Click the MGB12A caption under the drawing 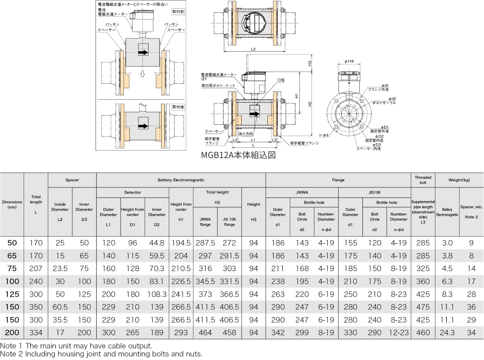click(x=238, y=155)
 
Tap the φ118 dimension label click(x=349, y=61)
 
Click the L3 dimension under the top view click(x=253, y=49)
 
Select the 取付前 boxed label click(x=178, y=12)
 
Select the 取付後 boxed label click(x=178, y=107)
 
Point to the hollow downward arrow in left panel click(x=142, y=74)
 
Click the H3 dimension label click(x=309, y=63)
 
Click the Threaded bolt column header click(x=423, y=180)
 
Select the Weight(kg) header click(x=459, y=180)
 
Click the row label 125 click(x=12, y=294)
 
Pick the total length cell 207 click(x=36, y=268)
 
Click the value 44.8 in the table click(x=157, y=243)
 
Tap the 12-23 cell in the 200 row click(x=398, y=332)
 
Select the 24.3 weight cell click(x=447, y=332)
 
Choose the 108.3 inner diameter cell click(x=157, y=294)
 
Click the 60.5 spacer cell click(x=60, y=307)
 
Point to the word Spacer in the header click(x=72, y=180)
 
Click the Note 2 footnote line click(x=101, y=354)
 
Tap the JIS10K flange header click(x=374, y=192)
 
